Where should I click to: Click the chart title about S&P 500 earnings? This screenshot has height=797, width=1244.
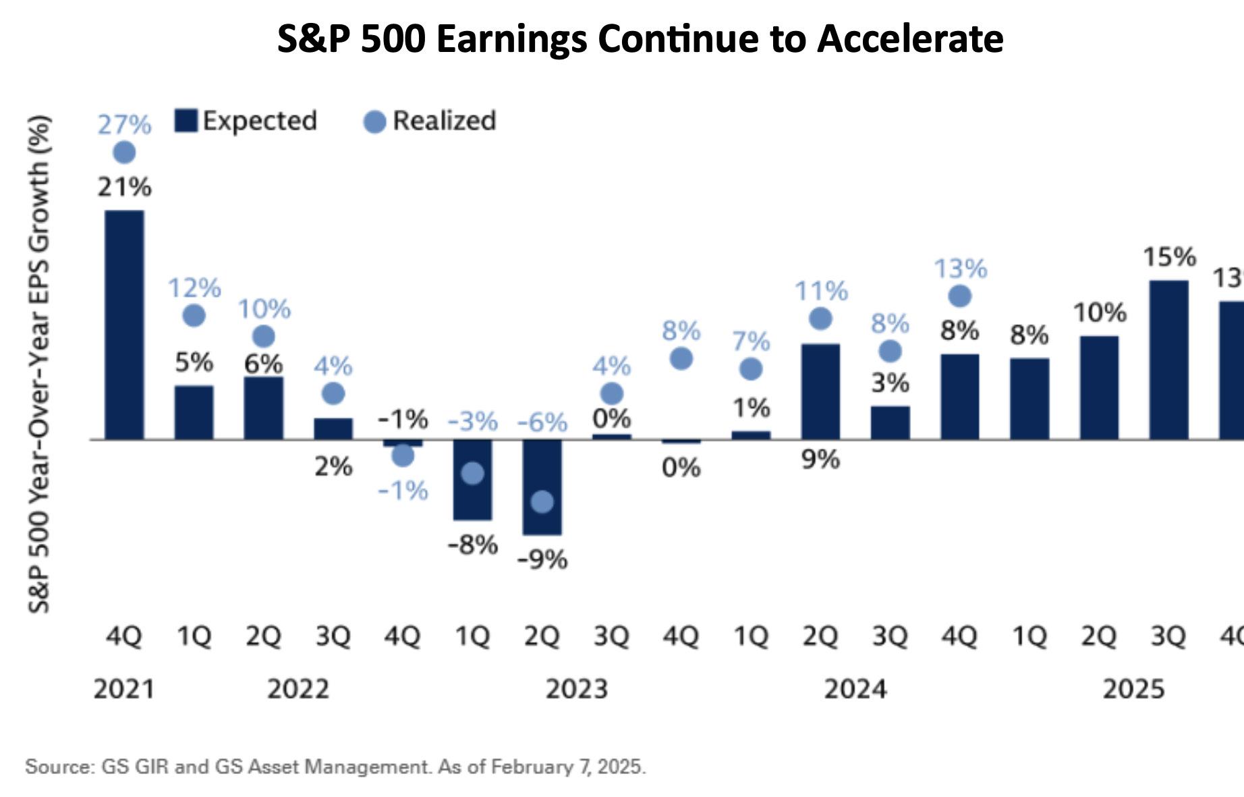pos(640,38)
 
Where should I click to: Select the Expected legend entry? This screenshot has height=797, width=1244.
pos(246,121)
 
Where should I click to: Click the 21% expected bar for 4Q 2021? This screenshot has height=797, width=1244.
pos(124,325)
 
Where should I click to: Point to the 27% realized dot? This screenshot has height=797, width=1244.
pos(124,153)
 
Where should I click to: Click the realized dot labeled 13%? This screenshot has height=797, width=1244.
pos(959,296)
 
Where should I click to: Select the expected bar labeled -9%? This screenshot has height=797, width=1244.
pos(542,487)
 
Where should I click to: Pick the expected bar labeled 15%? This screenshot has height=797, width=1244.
pos(1168,360)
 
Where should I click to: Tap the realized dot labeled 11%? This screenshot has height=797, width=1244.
pos(820,319)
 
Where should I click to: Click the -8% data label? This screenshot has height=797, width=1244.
pos(473,544)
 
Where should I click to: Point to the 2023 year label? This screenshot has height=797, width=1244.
pos(576,689)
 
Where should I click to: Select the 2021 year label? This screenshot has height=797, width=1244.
pos(124,689)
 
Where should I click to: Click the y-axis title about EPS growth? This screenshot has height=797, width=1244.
pos(39,364)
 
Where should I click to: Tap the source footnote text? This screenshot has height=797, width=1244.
pos(335,767)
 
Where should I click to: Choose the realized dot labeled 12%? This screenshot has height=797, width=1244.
pos(194,315)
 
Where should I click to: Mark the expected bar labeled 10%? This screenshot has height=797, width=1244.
pos(1099,387)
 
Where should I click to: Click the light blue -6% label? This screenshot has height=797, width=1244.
pos(542,422)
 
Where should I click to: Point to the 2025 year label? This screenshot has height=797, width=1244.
pos(1133,689)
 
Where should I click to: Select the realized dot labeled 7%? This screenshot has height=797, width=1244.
pos(751,369)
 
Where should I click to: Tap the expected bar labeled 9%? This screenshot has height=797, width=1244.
pos(820,391)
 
